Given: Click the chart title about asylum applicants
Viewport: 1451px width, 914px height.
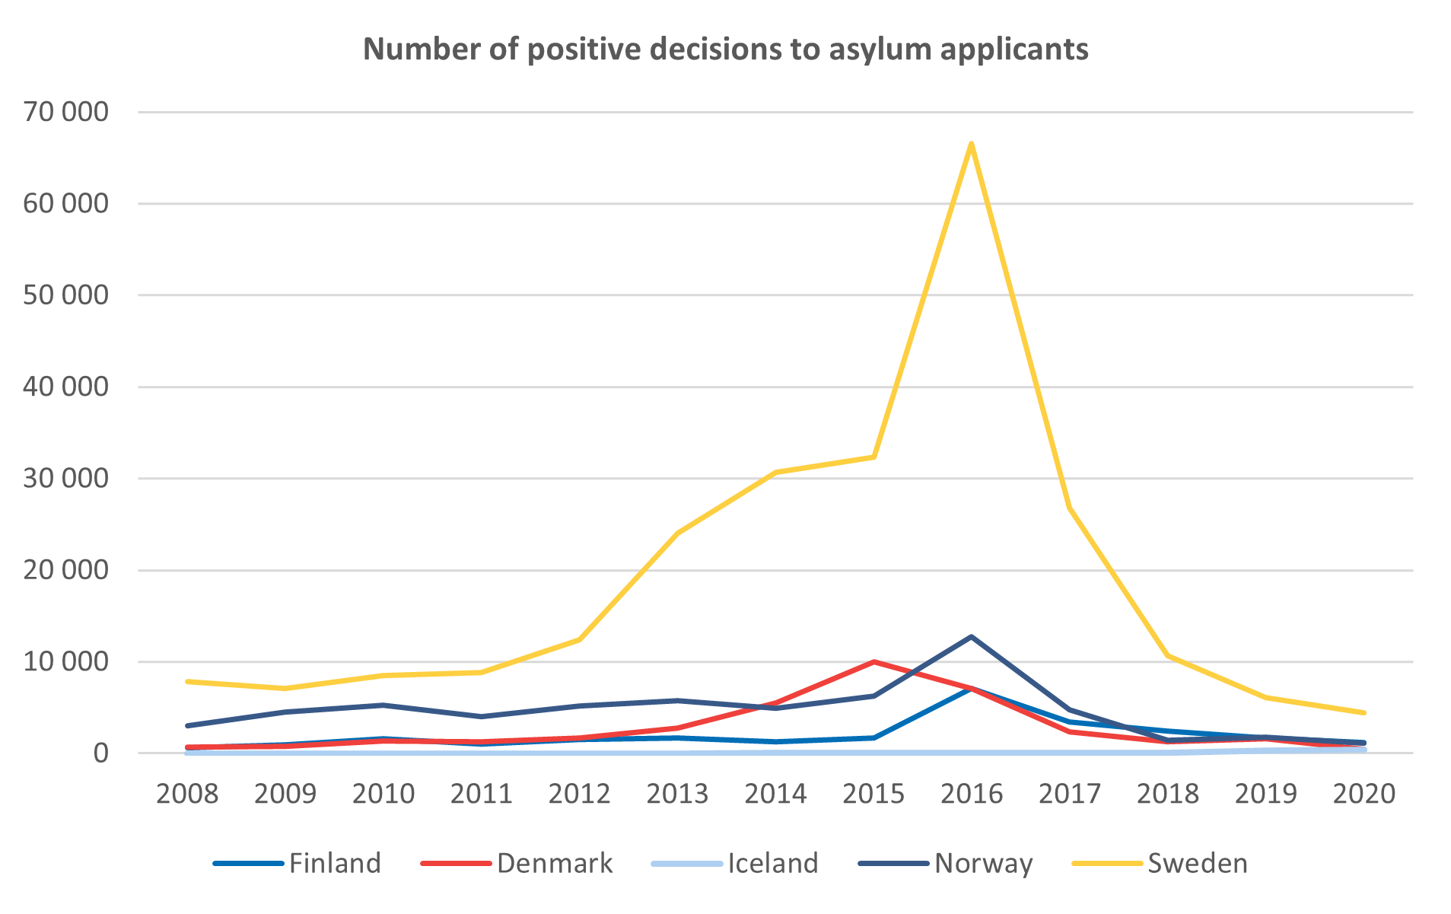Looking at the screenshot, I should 725,49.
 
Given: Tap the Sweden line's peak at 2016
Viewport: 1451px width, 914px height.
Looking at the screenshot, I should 972,143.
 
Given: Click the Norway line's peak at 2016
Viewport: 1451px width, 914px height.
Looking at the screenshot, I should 972,636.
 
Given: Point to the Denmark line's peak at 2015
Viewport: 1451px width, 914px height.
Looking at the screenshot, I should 873,662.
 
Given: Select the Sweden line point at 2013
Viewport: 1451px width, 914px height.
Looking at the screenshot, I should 677,533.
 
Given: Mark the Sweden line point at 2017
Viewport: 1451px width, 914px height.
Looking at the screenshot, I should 1069,508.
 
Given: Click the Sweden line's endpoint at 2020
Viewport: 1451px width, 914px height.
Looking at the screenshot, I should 1363,712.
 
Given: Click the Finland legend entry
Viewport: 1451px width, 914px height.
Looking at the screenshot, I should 298,863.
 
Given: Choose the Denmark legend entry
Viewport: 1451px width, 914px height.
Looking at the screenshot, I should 517,863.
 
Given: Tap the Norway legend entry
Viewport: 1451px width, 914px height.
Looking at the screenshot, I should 947,863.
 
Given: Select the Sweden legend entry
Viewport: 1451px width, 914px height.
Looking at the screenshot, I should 1161,863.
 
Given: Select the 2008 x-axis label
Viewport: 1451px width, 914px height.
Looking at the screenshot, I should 187,794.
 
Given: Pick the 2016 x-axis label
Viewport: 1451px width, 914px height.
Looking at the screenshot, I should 972,794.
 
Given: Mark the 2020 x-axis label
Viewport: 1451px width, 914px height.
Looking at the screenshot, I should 1363,794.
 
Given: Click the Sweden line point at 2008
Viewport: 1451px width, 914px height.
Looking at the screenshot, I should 187,681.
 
